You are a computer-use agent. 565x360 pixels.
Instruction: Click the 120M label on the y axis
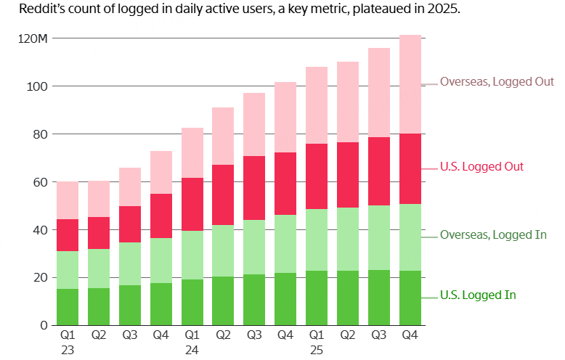33,38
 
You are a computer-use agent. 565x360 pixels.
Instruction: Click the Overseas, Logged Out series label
497,82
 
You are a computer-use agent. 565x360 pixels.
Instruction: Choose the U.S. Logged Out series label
481,167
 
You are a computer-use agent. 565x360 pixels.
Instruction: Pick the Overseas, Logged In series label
493,234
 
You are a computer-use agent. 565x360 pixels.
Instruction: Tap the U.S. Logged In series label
477,295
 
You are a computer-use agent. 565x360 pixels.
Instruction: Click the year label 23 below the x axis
68,350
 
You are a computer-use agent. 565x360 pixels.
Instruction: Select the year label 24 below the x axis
192,350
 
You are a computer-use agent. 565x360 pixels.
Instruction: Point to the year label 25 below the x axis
317,350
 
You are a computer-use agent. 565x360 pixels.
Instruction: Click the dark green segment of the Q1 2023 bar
68,307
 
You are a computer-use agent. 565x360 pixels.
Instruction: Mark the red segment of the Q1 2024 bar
192,204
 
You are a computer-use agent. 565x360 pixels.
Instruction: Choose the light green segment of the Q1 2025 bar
317,240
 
